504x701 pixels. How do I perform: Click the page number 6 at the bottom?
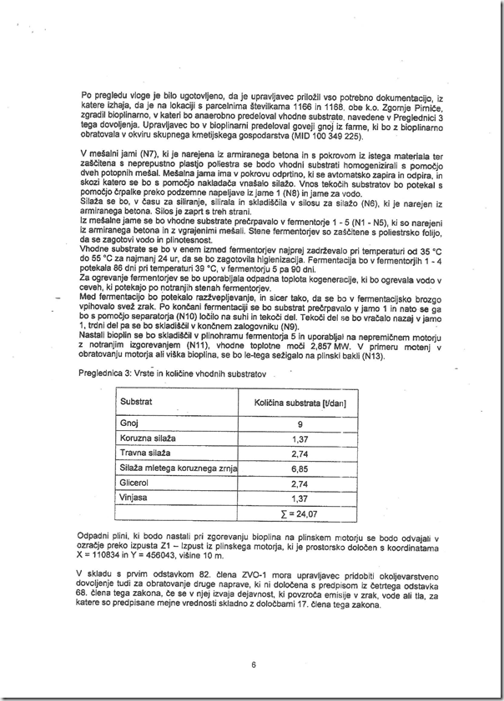252,664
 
